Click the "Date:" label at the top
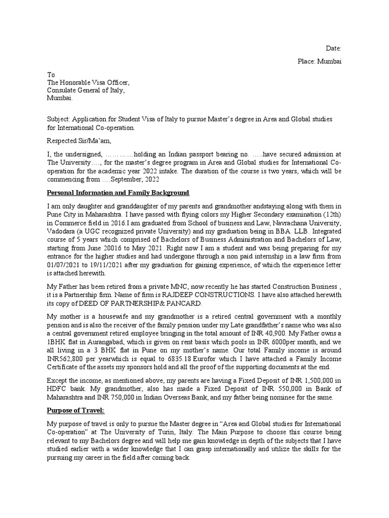pos(333,49)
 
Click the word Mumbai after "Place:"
pos(329,61)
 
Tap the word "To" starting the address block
pos(51,74)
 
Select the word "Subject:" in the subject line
pos(58,119)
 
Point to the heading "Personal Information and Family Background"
pos(118,193)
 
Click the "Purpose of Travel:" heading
pos(75,410)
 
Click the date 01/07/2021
pos(63,264)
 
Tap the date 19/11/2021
pos(111,264)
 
